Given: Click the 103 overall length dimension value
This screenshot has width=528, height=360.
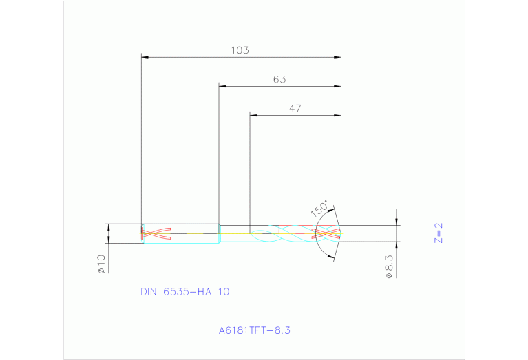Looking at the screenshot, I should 240,50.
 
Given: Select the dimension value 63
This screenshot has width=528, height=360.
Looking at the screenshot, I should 279,79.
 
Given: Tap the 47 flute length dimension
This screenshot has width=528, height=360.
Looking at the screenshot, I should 295,108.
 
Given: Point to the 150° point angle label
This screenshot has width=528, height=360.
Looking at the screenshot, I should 320,209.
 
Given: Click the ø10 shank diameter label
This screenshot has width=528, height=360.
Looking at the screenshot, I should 101,264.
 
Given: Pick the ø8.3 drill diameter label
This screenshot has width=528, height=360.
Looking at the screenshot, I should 389,266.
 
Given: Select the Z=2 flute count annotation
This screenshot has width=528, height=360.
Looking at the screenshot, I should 439,232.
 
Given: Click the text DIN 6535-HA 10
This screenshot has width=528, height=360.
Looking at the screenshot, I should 184,292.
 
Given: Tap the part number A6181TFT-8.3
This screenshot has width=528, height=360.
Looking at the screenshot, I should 255,330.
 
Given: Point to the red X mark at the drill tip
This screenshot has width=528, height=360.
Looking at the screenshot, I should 326,233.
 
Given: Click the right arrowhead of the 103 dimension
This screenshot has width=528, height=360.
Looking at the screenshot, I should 338,56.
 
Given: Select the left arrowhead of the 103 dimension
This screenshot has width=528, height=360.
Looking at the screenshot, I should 145,56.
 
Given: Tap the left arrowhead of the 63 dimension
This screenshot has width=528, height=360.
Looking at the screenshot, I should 222,86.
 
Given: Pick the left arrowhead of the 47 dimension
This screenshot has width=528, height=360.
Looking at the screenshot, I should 253,115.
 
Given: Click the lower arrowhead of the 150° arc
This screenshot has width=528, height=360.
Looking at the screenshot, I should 332,257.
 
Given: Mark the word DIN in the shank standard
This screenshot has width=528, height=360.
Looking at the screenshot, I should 149,292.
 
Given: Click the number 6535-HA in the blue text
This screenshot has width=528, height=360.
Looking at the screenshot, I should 187,292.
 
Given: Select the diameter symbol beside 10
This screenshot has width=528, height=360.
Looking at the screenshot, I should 101,271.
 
